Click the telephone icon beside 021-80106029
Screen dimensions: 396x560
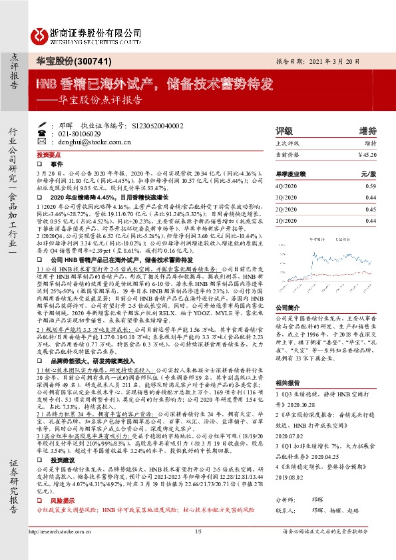pos(43,134)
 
